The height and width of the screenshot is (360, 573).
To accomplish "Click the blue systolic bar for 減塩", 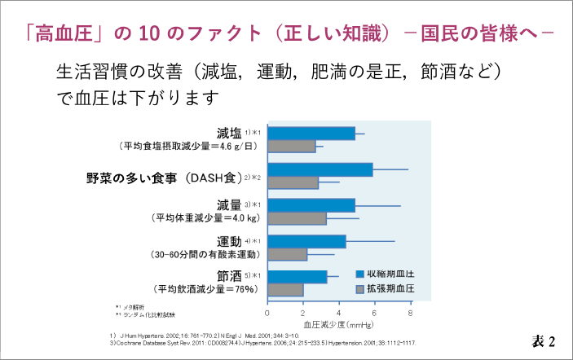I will click(311, 133).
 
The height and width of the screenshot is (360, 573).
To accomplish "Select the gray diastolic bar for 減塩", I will click(292, 147).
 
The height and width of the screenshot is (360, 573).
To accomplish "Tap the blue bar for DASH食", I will click(320, 169).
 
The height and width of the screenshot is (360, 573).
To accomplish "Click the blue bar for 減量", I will click(311, 205).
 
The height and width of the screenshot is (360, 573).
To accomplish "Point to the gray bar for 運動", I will click(288, 254).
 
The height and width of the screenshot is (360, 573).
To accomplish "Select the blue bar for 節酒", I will click(298, 277).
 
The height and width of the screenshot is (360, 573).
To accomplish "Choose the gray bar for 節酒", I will click(285, 290).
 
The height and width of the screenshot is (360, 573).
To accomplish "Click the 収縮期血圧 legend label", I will click(390, 273).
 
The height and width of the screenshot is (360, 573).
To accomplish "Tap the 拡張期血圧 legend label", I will click(390, 289).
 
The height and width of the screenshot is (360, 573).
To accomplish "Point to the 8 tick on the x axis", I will click(411, 312).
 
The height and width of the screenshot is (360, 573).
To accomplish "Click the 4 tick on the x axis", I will click(339, 312).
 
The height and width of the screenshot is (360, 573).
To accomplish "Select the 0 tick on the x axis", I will click(268, 312).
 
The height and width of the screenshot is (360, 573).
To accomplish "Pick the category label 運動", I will click(229, 241).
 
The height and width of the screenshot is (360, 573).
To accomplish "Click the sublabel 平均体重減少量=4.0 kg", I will click(205, 218).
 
